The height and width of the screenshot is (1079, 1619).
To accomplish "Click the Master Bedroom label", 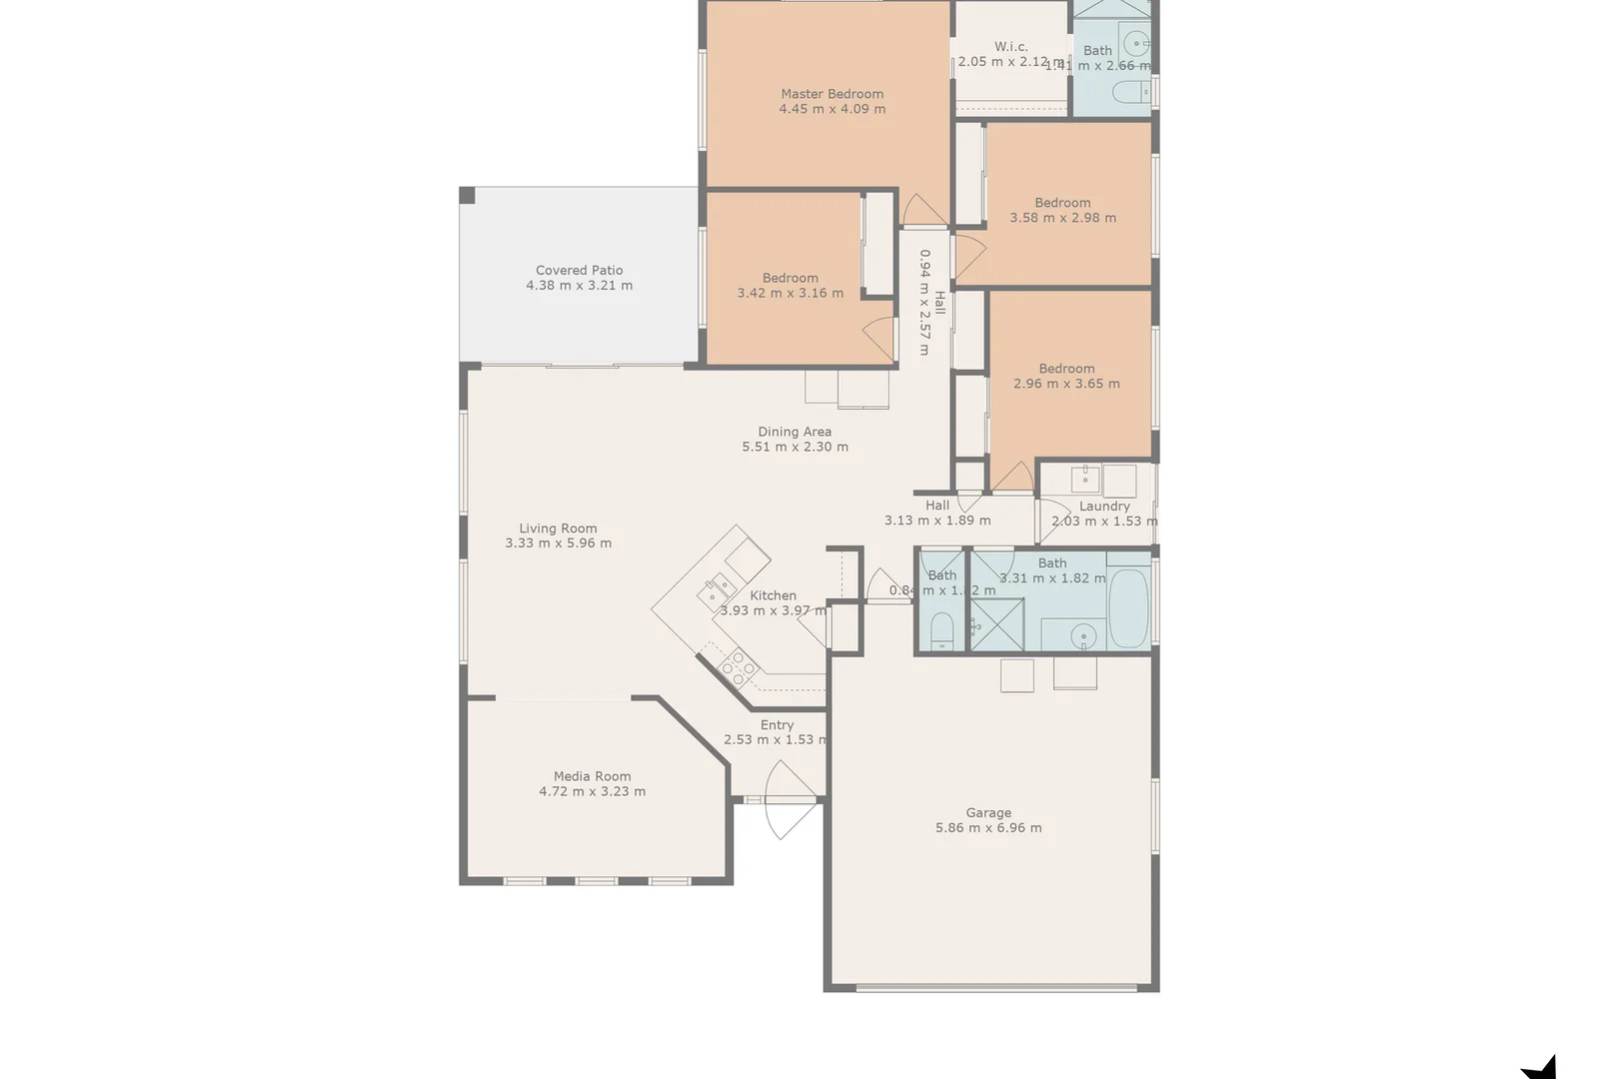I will (x=832, y=94).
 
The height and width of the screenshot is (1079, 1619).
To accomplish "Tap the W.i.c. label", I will (x=1010, y=47).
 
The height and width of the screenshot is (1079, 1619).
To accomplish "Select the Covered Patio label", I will (x=579, y=270).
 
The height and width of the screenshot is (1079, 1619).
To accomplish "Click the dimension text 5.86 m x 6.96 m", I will (x=988, y=828).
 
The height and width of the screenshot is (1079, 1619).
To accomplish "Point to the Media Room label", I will (x=592, y=776).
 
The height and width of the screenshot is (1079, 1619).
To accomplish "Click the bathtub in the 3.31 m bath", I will (x=1129, y=607).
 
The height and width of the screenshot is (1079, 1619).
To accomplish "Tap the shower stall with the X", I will (x=996, y=625).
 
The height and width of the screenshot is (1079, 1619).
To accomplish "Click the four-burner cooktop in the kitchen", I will (x=739, y=666).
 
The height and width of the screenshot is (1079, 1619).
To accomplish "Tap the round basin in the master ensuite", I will (x=1135, y=43).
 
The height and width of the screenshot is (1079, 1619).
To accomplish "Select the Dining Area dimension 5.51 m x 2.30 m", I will (x=795, y=448).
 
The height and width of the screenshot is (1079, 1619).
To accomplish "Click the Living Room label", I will (x=558, y=529).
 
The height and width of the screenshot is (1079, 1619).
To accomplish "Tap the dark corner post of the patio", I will (x=468, y=195).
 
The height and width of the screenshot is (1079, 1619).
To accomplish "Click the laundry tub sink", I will (x=1085, y=480).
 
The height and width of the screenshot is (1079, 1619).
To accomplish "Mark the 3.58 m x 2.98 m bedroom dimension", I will (x=1062, y=218).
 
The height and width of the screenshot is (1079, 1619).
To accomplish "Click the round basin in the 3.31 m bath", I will (x=1082, y=635).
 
